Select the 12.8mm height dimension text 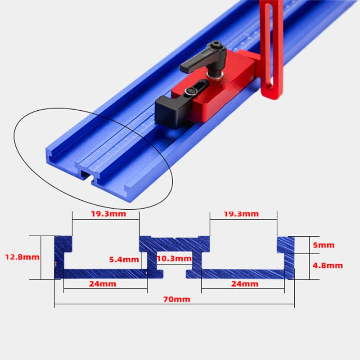22,257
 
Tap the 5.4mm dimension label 124,259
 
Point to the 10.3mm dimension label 175,259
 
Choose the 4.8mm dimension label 328,265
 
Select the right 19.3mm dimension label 241,214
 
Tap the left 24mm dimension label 102,284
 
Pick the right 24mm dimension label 244,284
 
